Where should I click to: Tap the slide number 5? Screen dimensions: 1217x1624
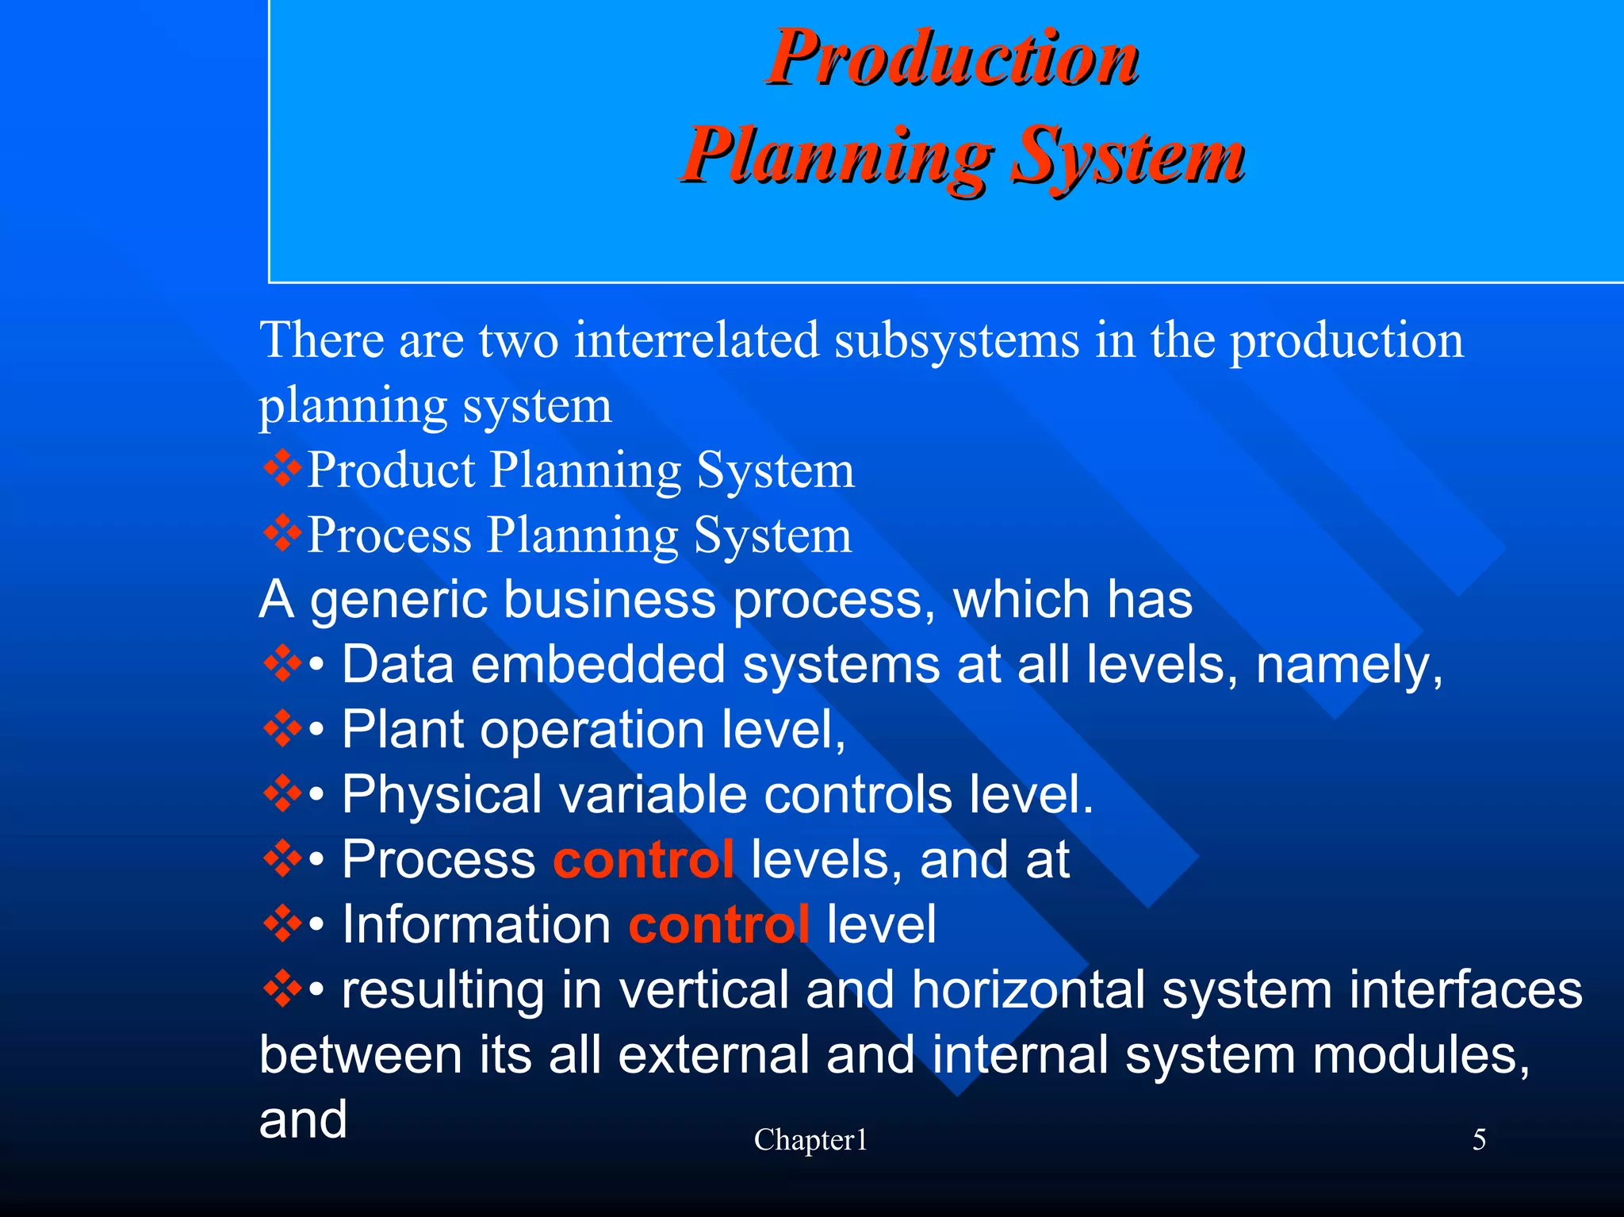tap(1479, 1140)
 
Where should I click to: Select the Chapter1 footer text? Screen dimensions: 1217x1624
tap(810, 1140)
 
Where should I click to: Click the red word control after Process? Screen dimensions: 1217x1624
tap(643, 860)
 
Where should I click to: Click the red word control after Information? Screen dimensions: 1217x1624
tap(718, 925)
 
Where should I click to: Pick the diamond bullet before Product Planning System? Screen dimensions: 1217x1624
tap(282, 469)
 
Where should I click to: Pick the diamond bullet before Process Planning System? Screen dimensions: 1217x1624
tap(282, 534)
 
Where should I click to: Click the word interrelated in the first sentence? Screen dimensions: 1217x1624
tap(696, 340)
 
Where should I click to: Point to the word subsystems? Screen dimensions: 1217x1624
tap(956, 340)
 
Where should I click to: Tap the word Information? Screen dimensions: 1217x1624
tap(476, 925)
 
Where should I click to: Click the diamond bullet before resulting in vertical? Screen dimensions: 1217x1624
tap(282, 990)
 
